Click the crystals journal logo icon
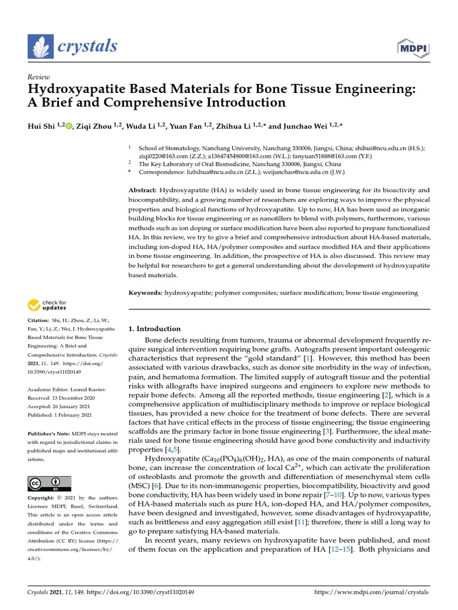pos(42,47)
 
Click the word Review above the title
pos(38,77)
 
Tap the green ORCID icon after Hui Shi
pos(69,126)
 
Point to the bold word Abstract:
pos(143,189)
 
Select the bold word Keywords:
pos(146,293)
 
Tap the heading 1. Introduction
pos(154,328)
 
